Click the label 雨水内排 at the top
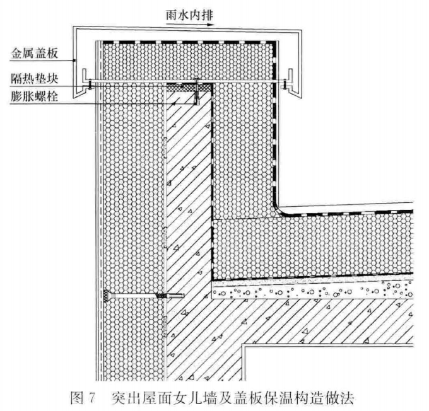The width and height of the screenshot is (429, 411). (189, 16)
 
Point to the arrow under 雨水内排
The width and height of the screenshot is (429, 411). (190, 25)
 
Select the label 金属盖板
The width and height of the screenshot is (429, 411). (35, 53)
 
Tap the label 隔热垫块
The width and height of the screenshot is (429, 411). (35, 79)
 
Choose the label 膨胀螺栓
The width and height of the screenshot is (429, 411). (35, 97)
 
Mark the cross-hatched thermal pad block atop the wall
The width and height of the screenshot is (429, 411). (189, 87)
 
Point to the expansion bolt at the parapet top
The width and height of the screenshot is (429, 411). (196, 91)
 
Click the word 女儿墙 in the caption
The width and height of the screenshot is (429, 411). (203, 398)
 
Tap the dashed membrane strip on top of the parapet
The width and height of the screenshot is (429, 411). (189, 42)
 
